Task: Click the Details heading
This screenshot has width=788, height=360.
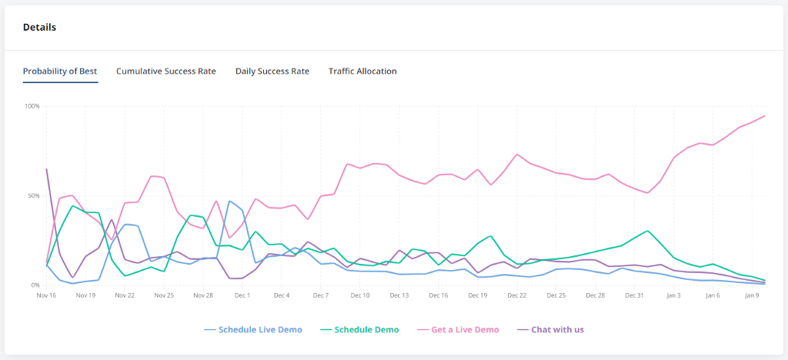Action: point(39,28)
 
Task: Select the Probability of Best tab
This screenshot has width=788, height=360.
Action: point(60,72)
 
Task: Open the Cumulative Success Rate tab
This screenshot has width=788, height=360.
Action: point(166,72)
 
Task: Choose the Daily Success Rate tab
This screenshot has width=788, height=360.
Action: point(272,72)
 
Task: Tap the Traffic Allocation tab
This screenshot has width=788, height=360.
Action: point(362,72)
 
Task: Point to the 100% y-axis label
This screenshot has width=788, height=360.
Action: point(32,106)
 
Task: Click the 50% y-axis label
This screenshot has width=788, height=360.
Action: point(33,196)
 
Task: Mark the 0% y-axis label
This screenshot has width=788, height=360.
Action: point(35,285)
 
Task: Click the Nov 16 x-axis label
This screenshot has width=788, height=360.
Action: point(46,295)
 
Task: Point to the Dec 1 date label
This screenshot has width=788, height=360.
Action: point(242,295)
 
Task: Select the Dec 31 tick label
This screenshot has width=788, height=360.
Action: point(634,295)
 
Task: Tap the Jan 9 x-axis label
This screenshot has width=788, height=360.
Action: point(752,295)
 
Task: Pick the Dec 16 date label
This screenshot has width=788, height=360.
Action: point(439,295)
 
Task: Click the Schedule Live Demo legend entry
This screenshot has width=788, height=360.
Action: point(253,330)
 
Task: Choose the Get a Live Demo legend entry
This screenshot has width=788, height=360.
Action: point(459,330)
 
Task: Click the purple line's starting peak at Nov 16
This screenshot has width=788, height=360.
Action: point(47,168)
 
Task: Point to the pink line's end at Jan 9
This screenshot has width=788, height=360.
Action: point(765,115)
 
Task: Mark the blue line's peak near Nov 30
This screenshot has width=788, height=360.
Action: point(230,201)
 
